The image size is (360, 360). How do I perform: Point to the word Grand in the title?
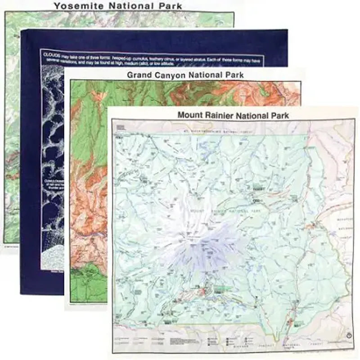coord(139,75)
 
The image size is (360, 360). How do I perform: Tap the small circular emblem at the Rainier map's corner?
coord(349,335)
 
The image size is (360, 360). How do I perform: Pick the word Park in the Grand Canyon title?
coord(234,75)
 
